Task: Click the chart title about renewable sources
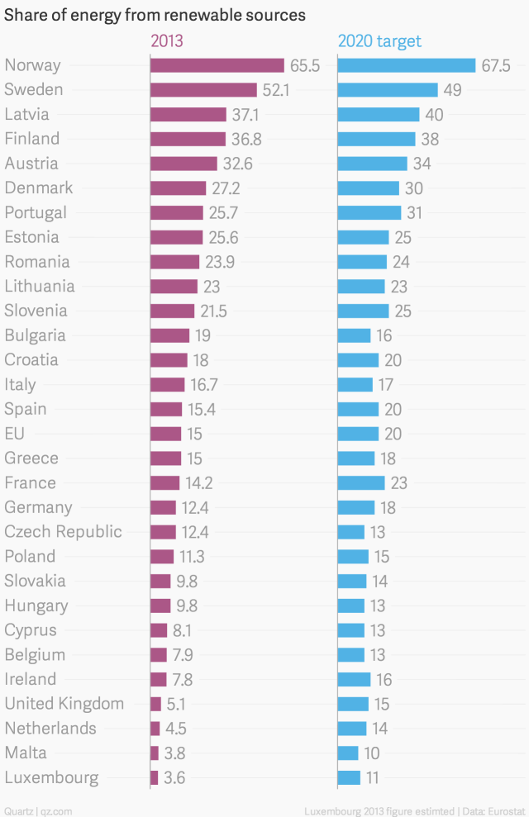pyautogui.click(x=155, y=15)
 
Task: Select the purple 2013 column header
pyautogui.click(x=166, y=40)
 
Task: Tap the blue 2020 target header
pyautogui.click(x=379, y=40)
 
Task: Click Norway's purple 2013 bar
pyautogui.click(x=217, y=65)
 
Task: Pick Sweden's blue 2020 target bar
pyautogui.click(x=388, y=90)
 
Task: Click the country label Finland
pyautogui.click(x=32, y=138)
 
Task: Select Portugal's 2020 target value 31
pyautogui.click(x=414, y=212)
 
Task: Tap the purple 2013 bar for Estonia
pyautogui.click(x=177, y=237)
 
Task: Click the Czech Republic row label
pyautogui.click(x=63, y=531)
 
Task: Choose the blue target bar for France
pyautogui.click(x=361, y=482)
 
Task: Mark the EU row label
pyautogui.click(x=16, y=433)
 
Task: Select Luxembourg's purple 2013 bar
pyautogui.click(x=155, y=777)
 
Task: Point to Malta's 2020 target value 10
pyautogui.click(x=373, y=753)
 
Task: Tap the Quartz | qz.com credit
pyautogui.click(x=38, y=810)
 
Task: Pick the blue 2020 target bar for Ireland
pyautogui.click(x=355, y=679)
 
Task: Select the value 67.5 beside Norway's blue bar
pyautogui.click(x=496, y=65)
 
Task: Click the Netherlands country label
pyautogui.click(x=50, y=728)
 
